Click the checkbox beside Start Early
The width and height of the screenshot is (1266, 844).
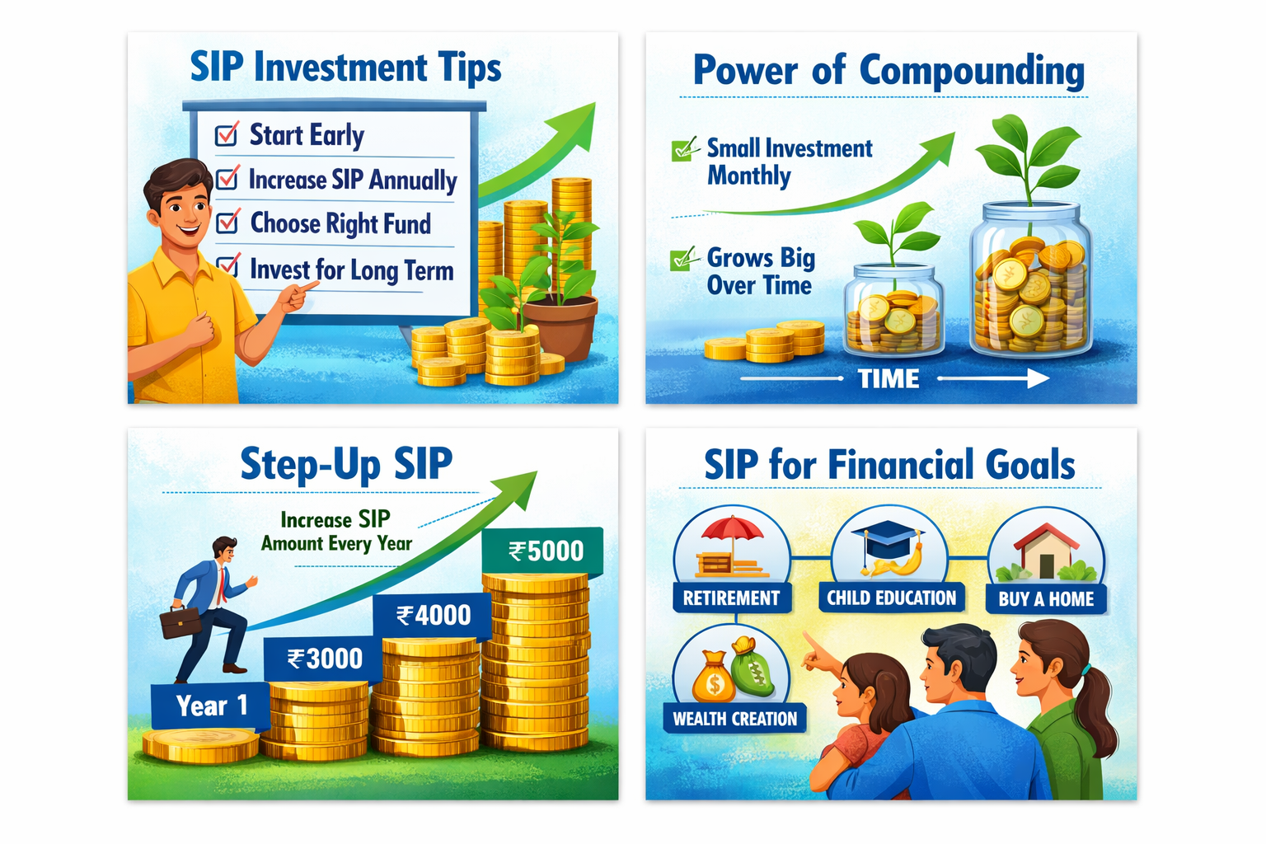pos(227,134)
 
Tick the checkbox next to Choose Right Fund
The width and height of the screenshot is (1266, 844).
pos(227,222)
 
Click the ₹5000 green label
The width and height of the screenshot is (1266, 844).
pos(542,551)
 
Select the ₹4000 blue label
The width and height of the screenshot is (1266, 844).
pos(433,615)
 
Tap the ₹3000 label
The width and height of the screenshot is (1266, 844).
pos(323,659)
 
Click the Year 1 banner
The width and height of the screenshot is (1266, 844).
pos(210,706)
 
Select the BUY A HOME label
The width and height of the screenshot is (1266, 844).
pos(1046,598)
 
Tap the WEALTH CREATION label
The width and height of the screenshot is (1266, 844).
pos(734,719)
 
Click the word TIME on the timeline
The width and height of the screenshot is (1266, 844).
pos(889,379)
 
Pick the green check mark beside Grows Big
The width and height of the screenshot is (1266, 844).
pos(682,260)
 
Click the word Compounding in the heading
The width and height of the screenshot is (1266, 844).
pos(972,72)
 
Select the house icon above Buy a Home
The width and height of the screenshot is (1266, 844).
pos(1047,551)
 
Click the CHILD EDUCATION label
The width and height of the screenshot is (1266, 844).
pos(891,598)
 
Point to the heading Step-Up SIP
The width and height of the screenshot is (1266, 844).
pos(346,465)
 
